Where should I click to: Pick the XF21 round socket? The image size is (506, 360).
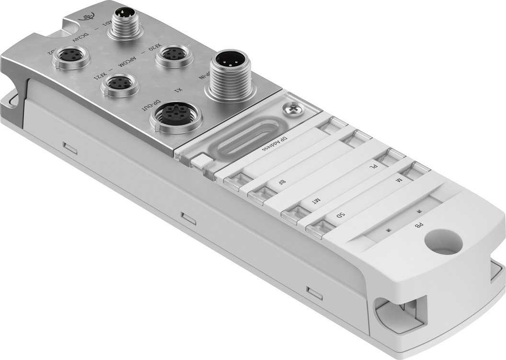(x=120, y=84)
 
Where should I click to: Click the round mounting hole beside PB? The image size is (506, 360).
(x=443, y=242)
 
